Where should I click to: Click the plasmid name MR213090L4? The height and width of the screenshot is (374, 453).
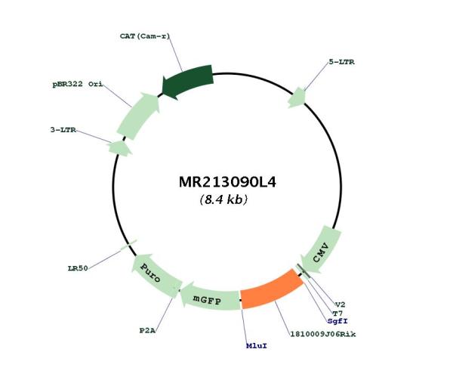click(x=227, y=182)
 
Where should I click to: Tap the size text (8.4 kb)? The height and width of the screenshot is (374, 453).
click(x=223, y=199)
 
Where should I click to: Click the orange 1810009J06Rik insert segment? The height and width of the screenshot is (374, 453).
click(x=271, y=289)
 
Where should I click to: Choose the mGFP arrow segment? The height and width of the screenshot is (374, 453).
click(x=209, y=298)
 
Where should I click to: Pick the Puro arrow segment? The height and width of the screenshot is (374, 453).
click(x=155, y=275)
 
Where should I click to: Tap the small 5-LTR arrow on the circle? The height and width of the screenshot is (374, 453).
click(x=297, y=97)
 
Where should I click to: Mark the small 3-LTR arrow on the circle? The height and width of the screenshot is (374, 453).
click(x=120, y=148)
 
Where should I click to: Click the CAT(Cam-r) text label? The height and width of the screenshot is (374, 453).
click(x=145, y=36)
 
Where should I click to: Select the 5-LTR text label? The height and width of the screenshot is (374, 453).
click(x=341, y=62)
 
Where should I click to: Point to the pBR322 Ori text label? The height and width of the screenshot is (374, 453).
click(x=78, y=85)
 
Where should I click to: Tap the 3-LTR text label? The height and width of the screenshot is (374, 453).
click(x=63, y=130)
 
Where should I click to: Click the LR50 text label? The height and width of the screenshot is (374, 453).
click(x=78, y=268)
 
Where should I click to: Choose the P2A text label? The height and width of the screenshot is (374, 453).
click(x=147, y=330)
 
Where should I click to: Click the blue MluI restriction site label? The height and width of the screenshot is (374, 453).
click(x=257, y=346)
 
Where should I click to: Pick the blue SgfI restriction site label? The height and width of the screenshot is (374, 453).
click(x=337, y=321)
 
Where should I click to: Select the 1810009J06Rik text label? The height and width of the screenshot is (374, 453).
click(x=323, y=335)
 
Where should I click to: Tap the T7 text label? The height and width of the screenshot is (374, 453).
click(x=337, y=314)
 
